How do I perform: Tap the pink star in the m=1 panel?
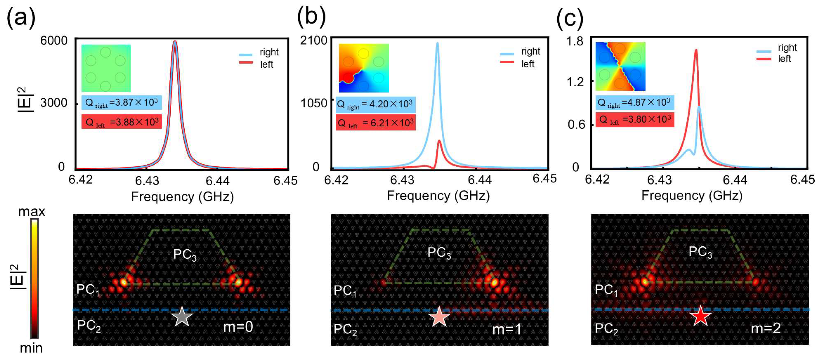(439, 317)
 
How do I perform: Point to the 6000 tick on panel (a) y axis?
(54, 41)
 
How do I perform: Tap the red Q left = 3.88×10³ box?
(121, 122)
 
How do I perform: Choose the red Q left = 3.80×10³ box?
(635, 119)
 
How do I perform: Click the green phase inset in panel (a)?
(106, 68)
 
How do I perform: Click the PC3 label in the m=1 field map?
(439, 253)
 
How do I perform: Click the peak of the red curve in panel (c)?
(696, 50)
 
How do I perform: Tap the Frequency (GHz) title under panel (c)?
(692, 195)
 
